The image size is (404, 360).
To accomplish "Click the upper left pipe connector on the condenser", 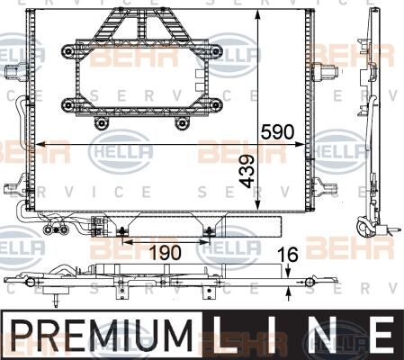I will [x=11, y=71].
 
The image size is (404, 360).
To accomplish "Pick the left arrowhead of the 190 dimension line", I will [x=125, y=241].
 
